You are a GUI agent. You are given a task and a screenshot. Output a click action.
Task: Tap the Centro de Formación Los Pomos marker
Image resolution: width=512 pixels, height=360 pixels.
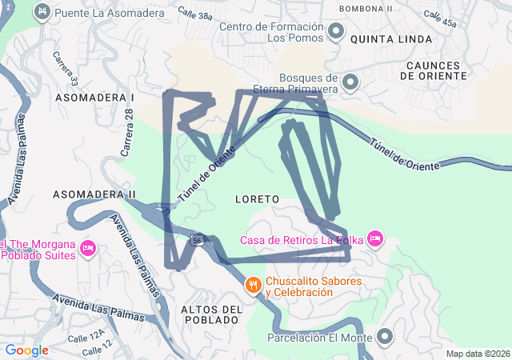(x=336, y=32)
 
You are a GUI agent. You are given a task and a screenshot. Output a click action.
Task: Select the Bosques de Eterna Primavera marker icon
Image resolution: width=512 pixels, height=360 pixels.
(x=350, y=82)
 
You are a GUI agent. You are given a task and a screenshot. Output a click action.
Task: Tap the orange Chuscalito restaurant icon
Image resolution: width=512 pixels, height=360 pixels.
(x=254, y=286)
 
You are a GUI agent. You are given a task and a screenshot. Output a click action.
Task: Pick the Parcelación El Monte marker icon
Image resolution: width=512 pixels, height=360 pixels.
(x=386, y=337)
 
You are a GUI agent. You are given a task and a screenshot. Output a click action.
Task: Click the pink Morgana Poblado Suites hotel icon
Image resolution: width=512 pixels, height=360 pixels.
(x=89, y=249)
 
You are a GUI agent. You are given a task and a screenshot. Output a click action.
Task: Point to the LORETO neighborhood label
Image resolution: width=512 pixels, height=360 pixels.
(x=257, y=198)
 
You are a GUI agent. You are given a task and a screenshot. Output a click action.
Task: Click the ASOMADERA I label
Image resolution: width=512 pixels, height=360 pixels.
(x=94, y=97)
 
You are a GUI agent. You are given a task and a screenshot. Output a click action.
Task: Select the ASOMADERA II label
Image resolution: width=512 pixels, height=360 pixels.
(x=94, y=194)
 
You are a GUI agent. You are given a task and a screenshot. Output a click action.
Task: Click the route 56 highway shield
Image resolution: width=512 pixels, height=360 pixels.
(x=197, y=238)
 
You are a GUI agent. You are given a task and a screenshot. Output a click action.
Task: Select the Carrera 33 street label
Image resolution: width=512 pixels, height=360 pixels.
(x=66, y=70)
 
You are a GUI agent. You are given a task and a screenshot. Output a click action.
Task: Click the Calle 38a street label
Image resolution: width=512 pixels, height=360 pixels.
(x=195, y=15)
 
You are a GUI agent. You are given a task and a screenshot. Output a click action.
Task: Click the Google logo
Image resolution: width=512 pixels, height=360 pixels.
(x=26, y=350)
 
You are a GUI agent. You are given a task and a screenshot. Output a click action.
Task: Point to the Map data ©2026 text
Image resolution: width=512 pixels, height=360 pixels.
(x=477, y=354)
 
